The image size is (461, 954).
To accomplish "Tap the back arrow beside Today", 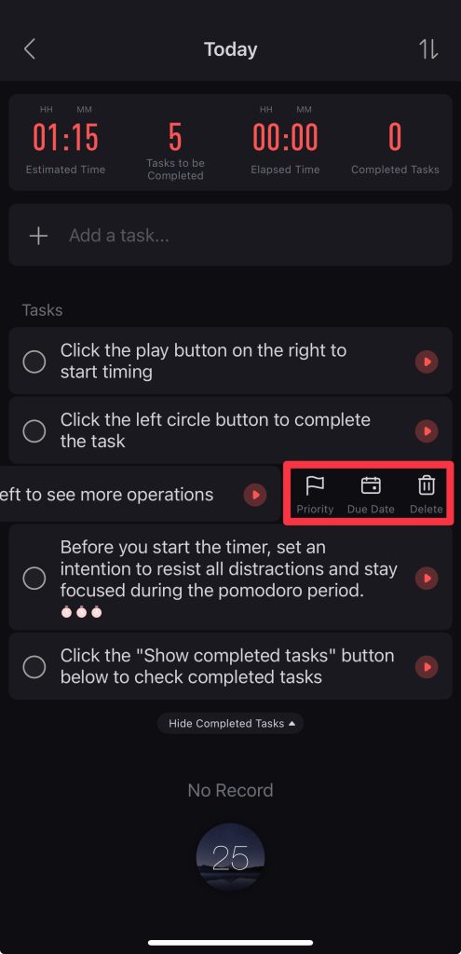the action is pos(29,49).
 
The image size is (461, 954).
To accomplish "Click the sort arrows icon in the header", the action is pos(428,49).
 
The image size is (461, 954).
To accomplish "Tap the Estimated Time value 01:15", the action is pos(66,137).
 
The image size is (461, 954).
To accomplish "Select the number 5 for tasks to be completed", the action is pos(175,137).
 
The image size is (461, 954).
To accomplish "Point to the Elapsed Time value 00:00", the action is pos(285,137).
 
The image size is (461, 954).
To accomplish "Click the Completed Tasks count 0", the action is pos(395,137).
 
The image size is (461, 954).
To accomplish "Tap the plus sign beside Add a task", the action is pos(38,236).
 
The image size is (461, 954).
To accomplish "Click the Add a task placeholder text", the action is pos(119,236).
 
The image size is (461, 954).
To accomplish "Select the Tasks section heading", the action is pos(43,310).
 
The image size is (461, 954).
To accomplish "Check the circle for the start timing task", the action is pos(34,361).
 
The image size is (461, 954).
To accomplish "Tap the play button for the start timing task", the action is pos(427,361).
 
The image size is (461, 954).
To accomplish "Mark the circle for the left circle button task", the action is pos(34,430).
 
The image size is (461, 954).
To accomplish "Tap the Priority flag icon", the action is pos(315,485).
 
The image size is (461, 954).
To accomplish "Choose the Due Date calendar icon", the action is pos(371,485).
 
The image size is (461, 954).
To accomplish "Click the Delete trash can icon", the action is pos(427,485).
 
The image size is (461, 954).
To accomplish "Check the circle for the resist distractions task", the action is pos(34,578).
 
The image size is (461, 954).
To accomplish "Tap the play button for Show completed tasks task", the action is pos(427,667).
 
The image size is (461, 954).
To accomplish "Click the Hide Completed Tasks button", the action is pos(231,723).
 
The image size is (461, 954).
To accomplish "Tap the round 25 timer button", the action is pos(231,857).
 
